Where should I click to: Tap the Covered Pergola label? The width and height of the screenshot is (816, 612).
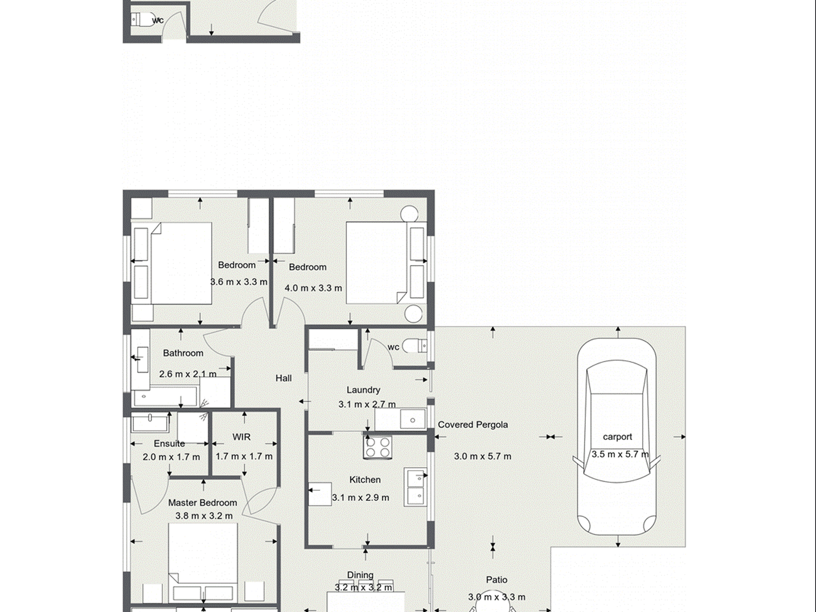click(472, 425)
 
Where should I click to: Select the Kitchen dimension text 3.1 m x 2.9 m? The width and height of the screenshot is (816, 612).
click(360, 498)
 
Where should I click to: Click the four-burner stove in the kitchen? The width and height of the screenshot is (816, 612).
click(378, 447)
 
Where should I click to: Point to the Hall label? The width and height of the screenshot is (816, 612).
click(283, 378)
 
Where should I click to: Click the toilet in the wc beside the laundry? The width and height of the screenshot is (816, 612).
click(416, 346)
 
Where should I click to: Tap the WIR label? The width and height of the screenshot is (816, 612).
click(241, 437)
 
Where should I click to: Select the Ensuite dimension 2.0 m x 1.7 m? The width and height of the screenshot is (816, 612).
click(171, 457)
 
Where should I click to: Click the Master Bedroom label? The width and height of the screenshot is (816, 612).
click(202, 503)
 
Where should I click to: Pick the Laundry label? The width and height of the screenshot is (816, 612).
click(363, 390)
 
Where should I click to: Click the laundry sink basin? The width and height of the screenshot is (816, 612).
click(412, 420)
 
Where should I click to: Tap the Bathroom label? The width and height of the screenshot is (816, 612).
click(183, 353)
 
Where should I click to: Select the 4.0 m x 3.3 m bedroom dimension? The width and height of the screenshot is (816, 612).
click(313, 288)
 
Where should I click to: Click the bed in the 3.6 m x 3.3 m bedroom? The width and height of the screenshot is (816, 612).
click(180, 263)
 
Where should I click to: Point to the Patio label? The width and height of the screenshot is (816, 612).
click(496, 580)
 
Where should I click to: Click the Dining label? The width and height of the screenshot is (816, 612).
click(360, 575)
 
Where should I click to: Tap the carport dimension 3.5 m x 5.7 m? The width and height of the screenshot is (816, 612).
click(620, 454)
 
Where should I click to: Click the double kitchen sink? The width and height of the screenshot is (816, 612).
click(415, 487)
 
